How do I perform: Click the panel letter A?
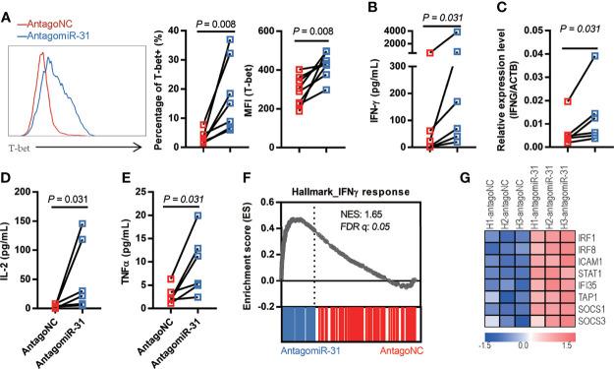click(9, 13)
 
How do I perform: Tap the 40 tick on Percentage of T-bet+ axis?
click(173, 32)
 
